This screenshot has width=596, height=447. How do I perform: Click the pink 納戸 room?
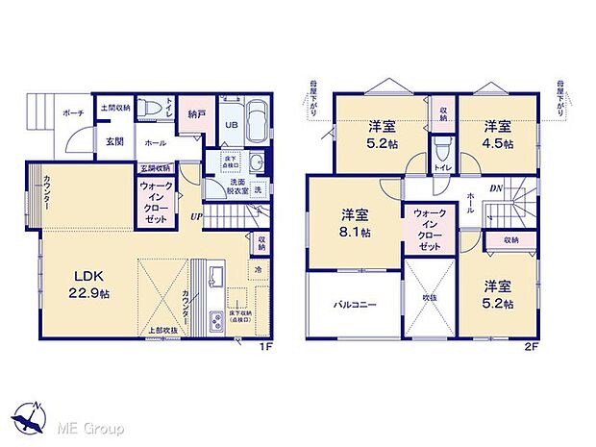(196, 112)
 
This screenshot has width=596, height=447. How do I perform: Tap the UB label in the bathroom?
(231, 125)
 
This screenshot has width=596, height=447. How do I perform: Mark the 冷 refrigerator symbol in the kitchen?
(257, 271)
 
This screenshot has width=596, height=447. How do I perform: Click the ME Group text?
(83, 426)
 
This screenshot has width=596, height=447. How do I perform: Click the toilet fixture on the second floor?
(442, 150)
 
